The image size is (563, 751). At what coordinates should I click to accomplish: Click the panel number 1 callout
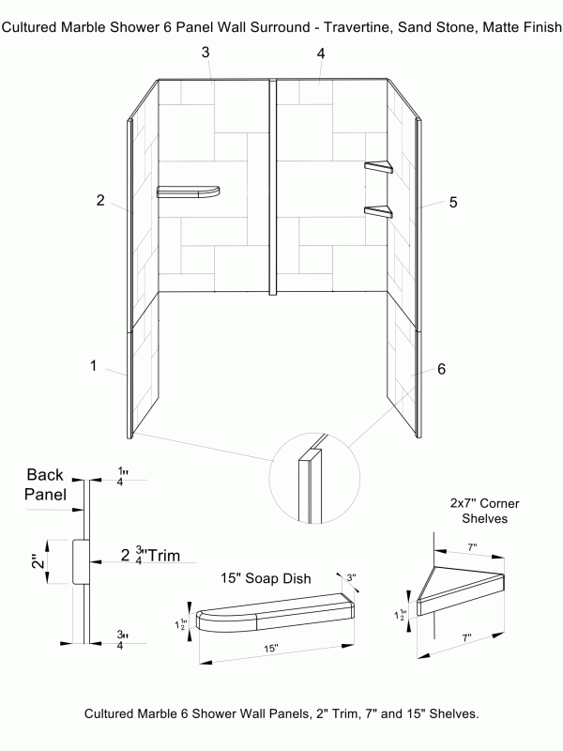point(94,366)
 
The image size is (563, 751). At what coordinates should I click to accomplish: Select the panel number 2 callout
point(99,200)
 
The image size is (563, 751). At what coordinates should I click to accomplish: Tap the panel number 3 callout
point(205,52)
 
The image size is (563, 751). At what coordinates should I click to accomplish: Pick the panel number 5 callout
point(453,202)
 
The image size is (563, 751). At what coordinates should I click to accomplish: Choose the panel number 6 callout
point(440,369)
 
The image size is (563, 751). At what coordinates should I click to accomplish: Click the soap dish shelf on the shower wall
point(189,192)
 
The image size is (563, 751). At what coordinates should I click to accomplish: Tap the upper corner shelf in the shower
point(380,168)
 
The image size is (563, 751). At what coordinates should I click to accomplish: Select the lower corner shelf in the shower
point(379,211)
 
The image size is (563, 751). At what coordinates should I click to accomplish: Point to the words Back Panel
point(45,485)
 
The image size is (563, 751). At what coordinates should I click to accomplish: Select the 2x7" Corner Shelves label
point(484,511)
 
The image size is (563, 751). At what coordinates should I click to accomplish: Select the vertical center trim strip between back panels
point(273,188)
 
